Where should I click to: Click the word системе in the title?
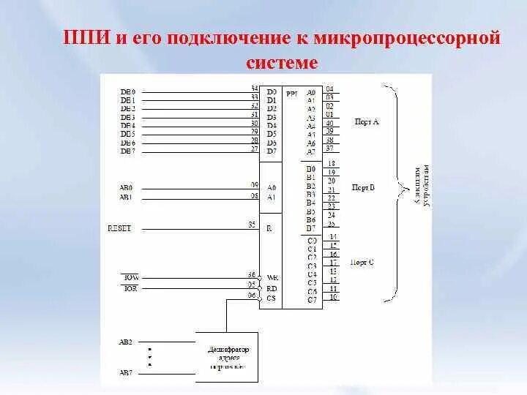tap(283, 63)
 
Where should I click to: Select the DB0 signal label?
tap(127, 91)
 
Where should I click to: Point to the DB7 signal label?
tap(127, 151)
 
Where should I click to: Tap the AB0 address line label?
tap(127, 187)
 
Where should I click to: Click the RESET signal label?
tap(119, 228)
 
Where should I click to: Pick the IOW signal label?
tap(130, 278)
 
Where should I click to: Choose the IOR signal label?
tap(130, 289)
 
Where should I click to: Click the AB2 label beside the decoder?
tap(126, 342)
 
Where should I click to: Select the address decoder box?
tap(226, 356)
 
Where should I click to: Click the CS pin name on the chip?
tap(271, 298)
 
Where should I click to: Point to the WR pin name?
tap(272, 278)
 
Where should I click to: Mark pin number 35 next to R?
tap(252, 225)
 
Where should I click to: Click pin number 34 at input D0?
tap(254, 89)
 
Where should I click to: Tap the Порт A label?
tap(365, 121)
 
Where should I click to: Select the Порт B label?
tap(363, 188)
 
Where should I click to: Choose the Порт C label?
tap(362, 262)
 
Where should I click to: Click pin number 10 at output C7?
tap(333, 297)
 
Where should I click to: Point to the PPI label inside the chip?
tap(292, 93)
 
